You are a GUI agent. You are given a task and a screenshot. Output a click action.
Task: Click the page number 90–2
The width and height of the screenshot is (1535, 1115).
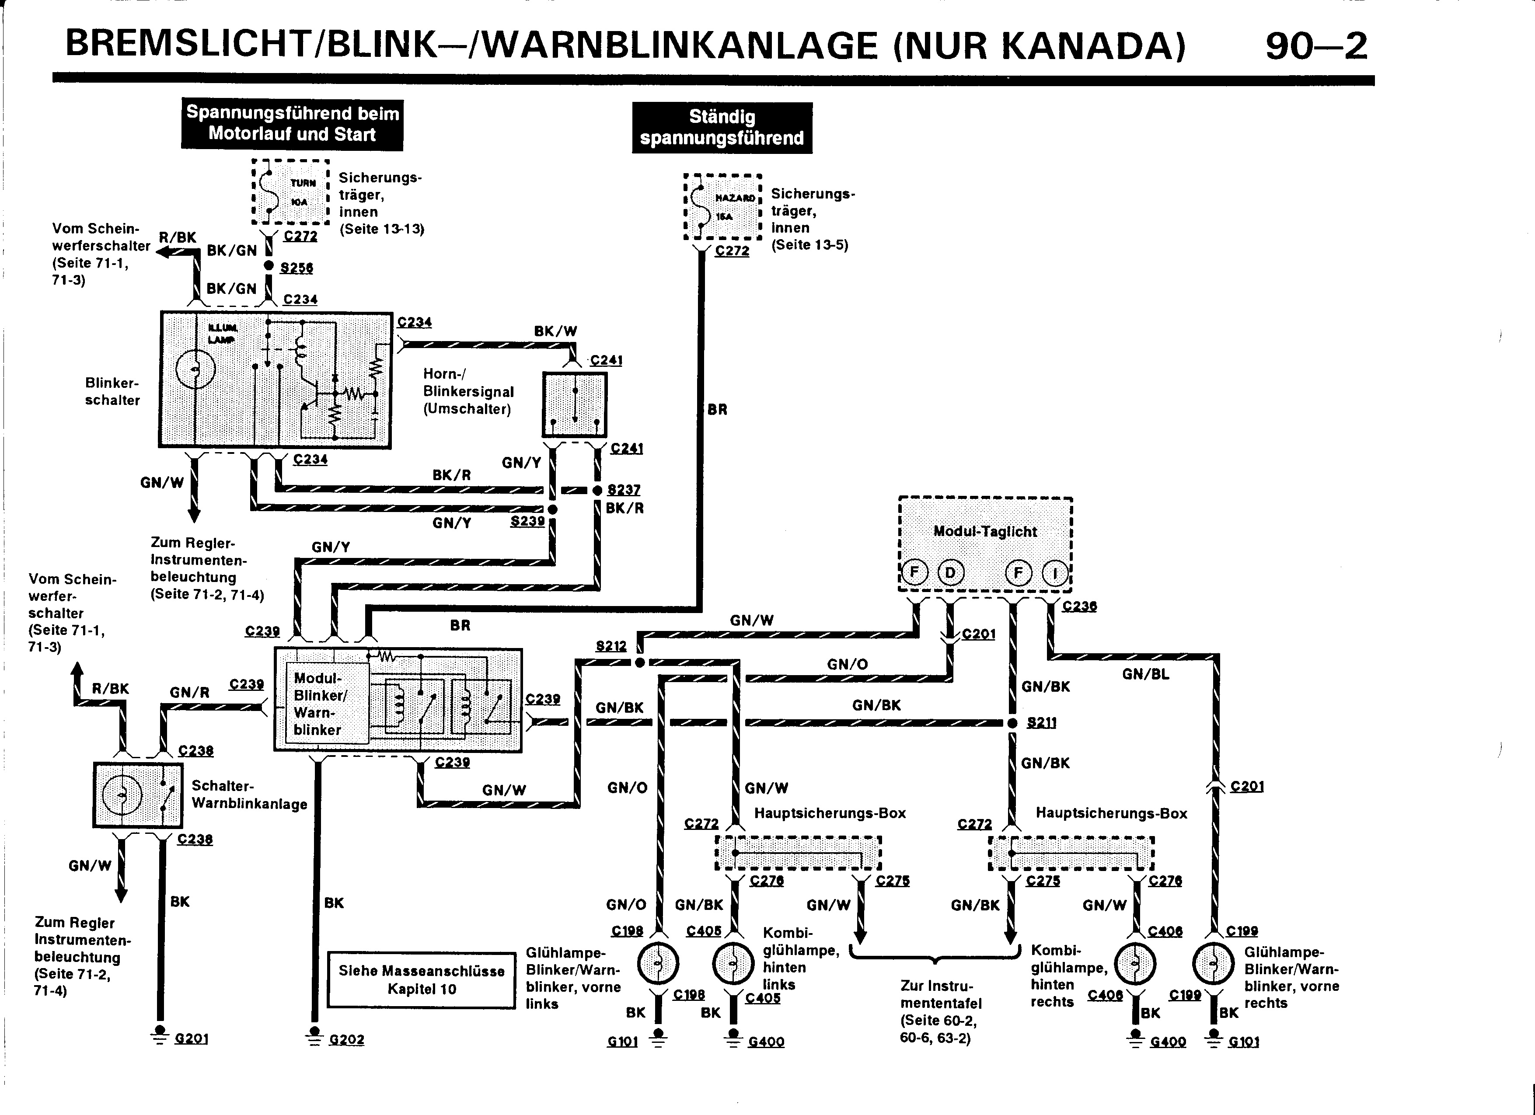1316,46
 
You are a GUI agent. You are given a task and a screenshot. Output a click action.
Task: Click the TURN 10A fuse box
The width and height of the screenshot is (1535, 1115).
290,192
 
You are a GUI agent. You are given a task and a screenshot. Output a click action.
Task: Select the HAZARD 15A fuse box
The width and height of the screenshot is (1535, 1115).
723,207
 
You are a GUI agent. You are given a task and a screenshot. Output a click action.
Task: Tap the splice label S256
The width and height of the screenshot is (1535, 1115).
297,268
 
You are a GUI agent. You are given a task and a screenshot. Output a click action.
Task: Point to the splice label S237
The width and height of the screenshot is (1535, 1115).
623,489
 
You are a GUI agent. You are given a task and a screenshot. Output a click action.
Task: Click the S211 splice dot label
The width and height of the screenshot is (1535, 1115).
1041,723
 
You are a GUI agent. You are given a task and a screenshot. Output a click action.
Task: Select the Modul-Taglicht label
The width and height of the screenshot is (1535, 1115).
985,532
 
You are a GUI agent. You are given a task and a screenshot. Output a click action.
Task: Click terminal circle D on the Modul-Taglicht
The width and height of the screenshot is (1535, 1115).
950,573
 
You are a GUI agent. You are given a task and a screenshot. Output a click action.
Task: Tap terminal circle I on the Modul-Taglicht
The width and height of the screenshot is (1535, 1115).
1054,574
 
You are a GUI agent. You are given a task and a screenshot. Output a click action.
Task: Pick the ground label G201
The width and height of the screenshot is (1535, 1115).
191,1038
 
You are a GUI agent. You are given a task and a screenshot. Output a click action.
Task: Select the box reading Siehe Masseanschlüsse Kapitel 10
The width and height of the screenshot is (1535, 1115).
421,980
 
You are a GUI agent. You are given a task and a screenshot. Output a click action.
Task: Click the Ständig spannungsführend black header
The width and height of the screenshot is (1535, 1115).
722,128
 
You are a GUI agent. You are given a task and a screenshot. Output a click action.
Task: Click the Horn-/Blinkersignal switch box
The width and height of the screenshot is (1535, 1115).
575,404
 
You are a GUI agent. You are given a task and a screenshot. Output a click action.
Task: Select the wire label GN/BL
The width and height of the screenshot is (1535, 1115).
1145,674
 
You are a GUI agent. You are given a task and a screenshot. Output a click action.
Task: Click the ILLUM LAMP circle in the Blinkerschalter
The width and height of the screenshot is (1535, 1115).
195,369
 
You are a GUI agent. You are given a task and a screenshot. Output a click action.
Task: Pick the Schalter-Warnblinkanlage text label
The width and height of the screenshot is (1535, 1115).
249,794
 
